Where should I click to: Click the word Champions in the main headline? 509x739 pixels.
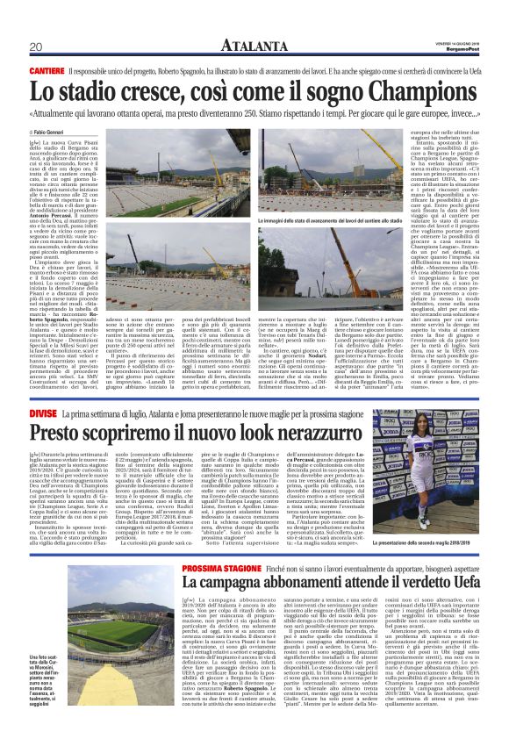407,90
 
